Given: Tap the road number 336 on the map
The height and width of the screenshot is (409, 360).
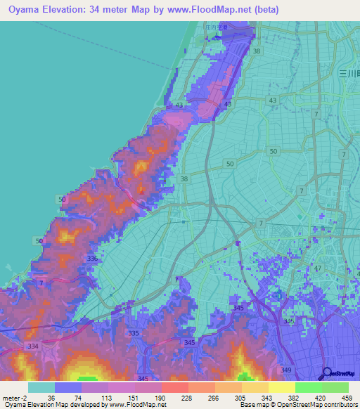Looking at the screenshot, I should tap(91, 259).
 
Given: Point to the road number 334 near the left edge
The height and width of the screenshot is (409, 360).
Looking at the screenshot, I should tap(32, 346).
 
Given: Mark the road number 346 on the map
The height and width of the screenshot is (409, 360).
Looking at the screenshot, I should tap(288, 320).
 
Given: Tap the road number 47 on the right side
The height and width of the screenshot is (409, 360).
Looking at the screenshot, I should tap(317, 269).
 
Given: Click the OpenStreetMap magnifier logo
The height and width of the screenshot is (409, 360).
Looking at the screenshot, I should tap(327, 374).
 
